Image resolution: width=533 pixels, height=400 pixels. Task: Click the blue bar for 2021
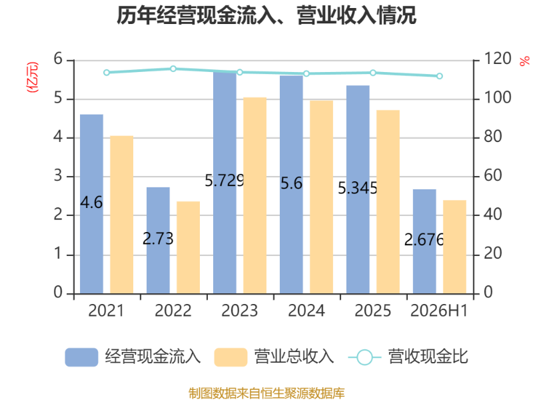tap(91, 204)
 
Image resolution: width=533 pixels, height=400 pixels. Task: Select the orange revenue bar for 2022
tap(189, 247)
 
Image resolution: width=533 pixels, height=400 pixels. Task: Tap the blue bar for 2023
tap(225, 183)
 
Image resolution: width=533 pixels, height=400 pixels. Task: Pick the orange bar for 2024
tap(322, 197)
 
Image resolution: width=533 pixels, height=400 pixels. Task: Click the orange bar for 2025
tap(388, 202)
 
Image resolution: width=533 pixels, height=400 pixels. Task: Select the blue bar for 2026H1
tap(424, 241)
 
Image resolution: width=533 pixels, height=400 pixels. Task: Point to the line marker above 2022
tap(173, 69)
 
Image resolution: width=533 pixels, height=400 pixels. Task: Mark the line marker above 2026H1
tap(440, 76)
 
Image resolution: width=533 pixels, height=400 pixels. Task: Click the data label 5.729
tap(225, 180)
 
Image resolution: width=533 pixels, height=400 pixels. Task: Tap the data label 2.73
tap(158, 239)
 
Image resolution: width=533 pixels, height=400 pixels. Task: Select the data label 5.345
tap(358, 188)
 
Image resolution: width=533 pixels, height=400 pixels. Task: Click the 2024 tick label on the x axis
tap(306, 311)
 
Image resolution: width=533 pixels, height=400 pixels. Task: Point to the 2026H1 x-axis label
tap(439, 311)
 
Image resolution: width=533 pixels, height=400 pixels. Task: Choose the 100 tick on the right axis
tap(497, 98)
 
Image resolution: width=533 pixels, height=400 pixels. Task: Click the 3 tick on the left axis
tap(58, 176)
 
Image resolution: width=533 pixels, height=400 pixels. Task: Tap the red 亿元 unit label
tap(33, 77)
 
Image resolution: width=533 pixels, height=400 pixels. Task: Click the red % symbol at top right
tap(524, 61)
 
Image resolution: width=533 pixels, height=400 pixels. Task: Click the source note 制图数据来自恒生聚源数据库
tap(266, 393)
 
